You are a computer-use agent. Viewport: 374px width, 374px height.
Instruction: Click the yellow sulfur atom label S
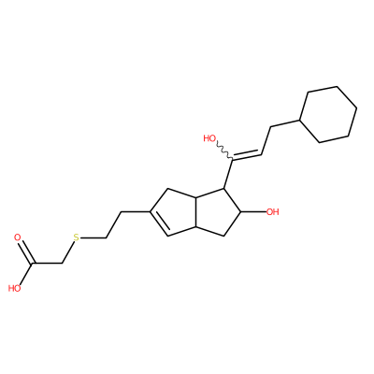pos(77,238)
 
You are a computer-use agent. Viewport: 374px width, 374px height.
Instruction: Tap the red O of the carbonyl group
pos(18,237)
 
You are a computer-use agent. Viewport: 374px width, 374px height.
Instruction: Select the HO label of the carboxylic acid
pos(14,288)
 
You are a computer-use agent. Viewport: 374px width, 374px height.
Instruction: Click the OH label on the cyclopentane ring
pos(273,212)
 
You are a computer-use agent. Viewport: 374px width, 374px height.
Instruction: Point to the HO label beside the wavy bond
pos(209,138)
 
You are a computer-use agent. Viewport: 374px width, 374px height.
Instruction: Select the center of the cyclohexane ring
pos(328,114)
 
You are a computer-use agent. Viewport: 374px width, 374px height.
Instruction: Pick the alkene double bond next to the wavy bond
pos(247,155)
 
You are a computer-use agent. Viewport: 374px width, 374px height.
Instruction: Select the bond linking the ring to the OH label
pos(253,212)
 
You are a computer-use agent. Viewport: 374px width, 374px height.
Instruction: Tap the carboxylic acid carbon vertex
pos(32,265)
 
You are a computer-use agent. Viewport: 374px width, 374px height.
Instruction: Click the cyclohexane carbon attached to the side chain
pos(299,120)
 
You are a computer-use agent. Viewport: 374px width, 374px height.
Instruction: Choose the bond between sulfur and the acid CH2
pos(68,252)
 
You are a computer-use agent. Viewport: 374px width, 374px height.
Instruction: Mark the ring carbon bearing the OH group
pos(240,212)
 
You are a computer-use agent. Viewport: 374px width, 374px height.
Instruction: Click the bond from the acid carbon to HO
pos(25,275)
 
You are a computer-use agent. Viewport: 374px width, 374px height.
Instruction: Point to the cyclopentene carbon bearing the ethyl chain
pos(150,212)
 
